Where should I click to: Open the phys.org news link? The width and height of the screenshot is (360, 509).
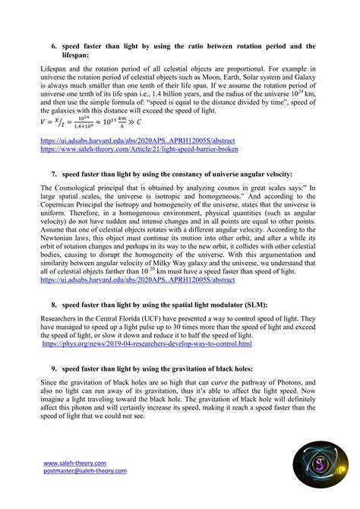147,344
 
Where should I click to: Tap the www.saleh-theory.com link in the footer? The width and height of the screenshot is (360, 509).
74,462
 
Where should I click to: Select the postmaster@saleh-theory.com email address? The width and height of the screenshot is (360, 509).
84,471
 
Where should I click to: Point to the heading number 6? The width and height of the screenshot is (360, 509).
54,46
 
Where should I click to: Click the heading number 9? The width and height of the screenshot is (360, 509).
54,368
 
